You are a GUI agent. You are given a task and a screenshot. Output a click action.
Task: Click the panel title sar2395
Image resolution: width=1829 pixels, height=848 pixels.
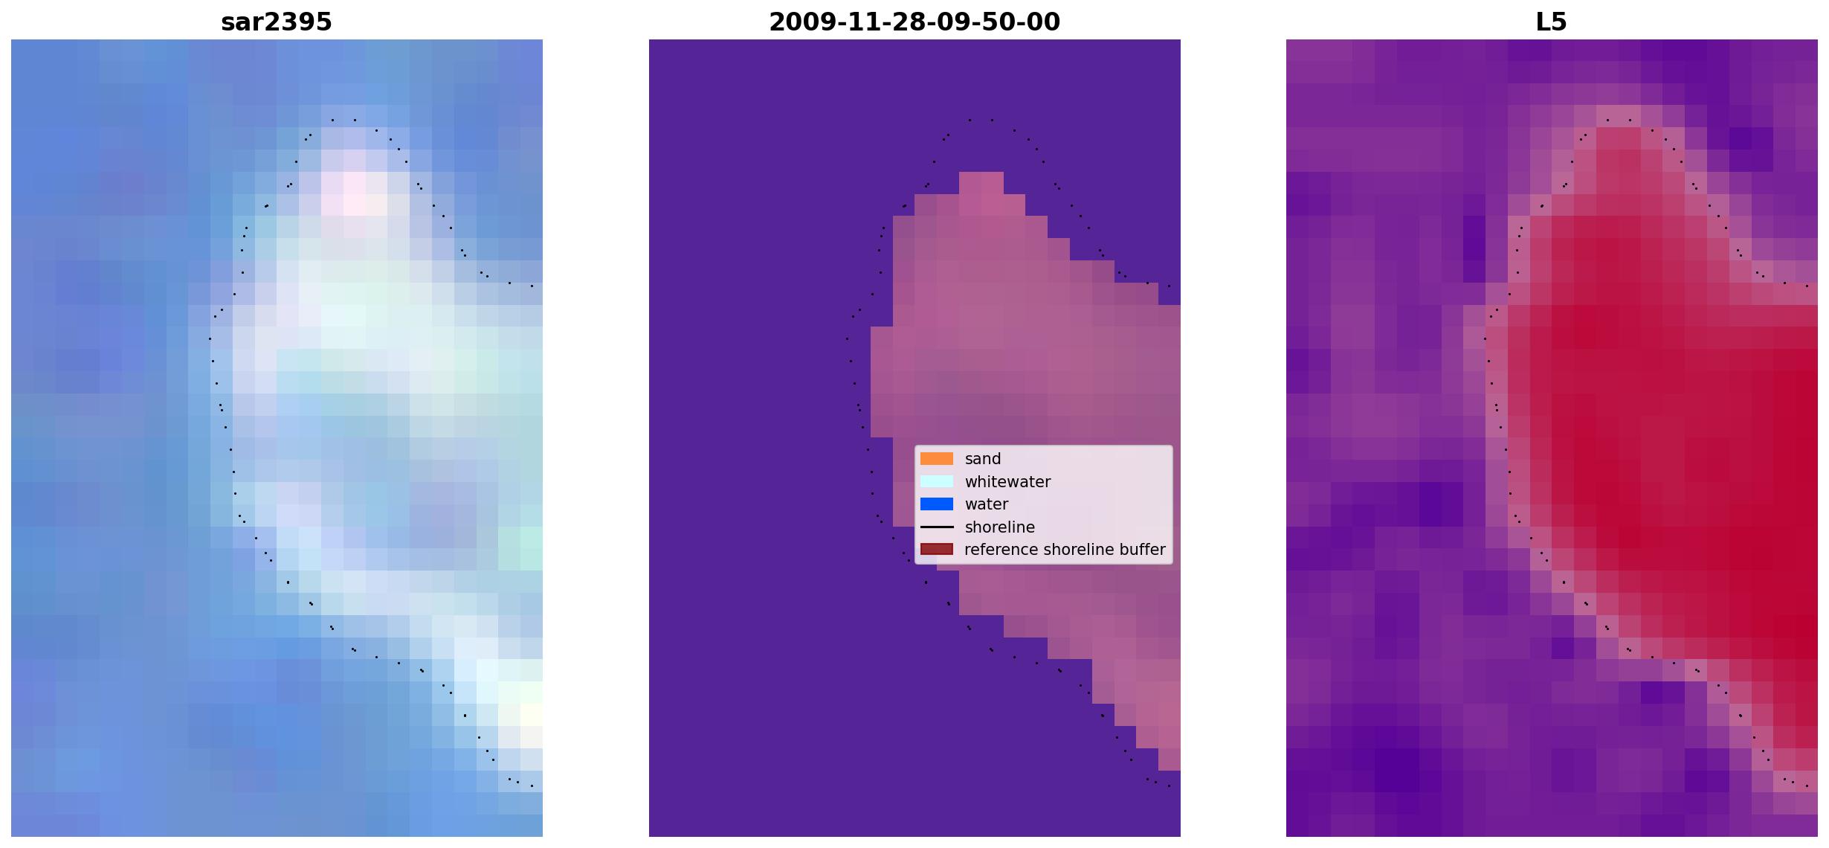pyautogui.click(x=277, y=22)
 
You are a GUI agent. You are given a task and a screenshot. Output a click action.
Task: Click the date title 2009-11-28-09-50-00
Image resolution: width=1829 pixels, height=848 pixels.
pyautogui.click(x=914, y=22)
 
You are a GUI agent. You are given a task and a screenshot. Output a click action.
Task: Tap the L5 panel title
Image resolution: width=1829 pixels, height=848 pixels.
pyautogui.click(x=1552, y=22)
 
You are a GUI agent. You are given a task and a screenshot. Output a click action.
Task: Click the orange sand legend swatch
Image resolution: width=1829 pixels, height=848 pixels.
pyautogui.click(x=937, y=459)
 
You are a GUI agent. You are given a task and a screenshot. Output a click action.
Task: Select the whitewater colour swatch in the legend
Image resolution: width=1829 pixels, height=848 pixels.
pyautogui.click(x=937, y=481)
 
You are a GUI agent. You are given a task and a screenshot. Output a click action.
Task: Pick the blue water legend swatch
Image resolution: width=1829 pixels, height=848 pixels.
pyautogui.click(x=937, y=504)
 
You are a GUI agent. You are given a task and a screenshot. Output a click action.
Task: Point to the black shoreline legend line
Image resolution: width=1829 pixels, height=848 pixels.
pyautogui.click(x=937, y=527)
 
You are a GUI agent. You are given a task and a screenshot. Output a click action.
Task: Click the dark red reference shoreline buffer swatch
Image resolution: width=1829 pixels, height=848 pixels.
pyautogui.click(x=937, y=550)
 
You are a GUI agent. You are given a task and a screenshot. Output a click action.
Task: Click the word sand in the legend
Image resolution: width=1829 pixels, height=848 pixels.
pyautogui.click(x=983, y=459)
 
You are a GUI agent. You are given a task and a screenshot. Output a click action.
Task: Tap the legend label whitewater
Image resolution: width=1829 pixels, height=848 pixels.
pyautogui.click(x=1007, y=482)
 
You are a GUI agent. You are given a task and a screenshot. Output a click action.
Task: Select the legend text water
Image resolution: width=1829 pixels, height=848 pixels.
pyautogui.click(x=987, y=504)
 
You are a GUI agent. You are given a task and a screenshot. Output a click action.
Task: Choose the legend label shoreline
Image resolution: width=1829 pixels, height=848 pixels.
pyautogui.click(x=1000, y=527)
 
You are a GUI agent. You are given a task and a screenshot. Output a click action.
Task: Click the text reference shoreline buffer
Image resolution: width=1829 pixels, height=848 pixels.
pyautogui.click(x=1065, y=550)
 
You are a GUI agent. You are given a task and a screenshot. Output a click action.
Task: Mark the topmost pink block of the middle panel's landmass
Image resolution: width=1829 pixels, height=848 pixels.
pyautogui.click(x=981, y=183)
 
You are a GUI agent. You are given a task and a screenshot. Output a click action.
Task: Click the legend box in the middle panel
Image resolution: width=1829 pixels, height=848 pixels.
pyautogui.click(x=1044, y=504)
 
